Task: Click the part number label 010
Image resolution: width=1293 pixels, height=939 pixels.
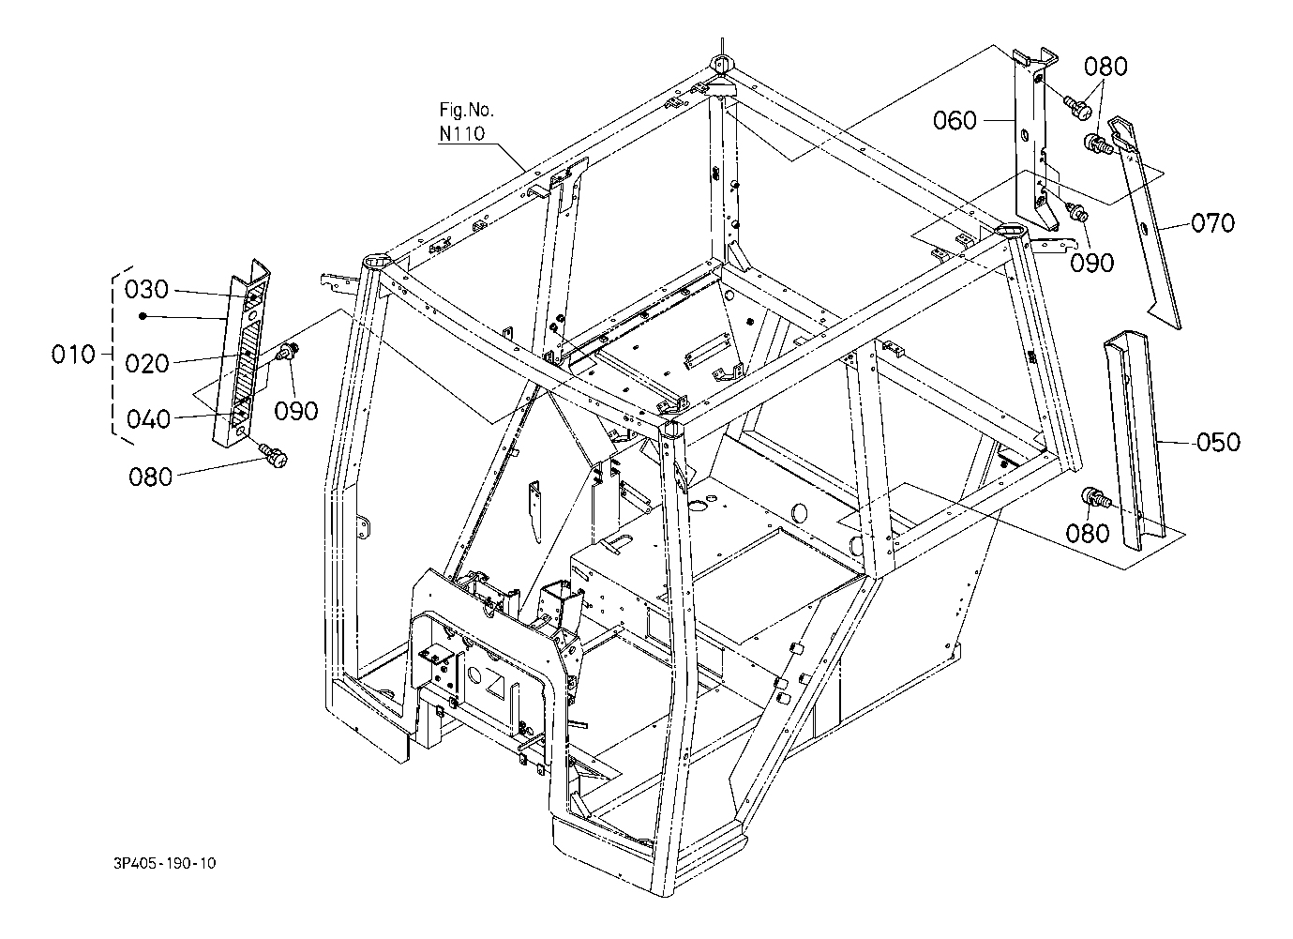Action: point(73,355)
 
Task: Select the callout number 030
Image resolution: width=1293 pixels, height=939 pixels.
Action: point(147,289)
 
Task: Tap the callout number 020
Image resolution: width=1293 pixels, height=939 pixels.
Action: point(147,364)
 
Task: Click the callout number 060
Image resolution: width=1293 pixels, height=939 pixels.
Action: point(955,120)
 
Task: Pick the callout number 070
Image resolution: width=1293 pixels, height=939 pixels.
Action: point(1212,223)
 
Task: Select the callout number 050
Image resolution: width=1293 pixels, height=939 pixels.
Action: point(1218,441)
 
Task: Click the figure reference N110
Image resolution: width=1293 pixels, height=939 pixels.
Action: point(461,133)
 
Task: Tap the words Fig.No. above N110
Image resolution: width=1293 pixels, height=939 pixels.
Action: point(466,110)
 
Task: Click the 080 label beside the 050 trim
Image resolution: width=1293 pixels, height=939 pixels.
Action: point(1088,533)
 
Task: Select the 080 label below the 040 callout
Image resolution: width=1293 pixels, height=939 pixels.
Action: point(150,477)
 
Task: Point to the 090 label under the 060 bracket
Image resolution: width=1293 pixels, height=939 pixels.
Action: point(1092,263)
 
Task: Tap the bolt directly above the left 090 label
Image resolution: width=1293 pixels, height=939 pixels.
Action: point(290,354)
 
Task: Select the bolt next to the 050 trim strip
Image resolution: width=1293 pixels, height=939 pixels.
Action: point(1096,499)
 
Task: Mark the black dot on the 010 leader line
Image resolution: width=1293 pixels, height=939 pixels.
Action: point(142,316)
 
